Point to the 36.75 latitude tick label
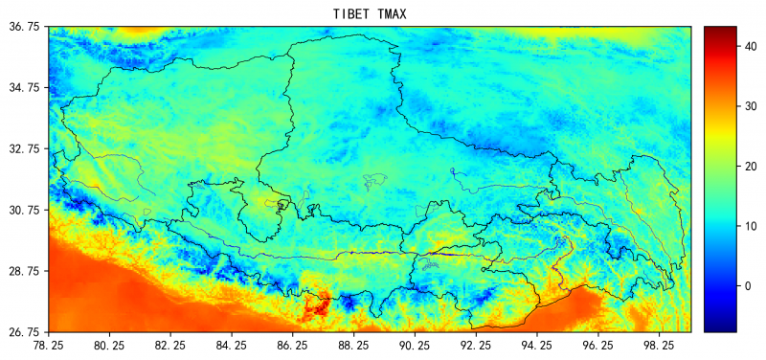(24, 27)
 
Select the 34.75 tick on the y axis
(24, 88)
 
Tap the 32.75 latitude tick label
(24, 149)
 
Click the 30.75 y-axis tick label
(24, 210)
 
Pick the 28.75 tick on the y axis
(24, 271)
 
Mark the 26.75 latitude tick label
(24, 332)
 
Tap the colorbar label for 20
(752, 165)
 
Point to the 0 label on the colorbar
(749, 286)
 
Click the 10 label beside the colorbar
(752, 226)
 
